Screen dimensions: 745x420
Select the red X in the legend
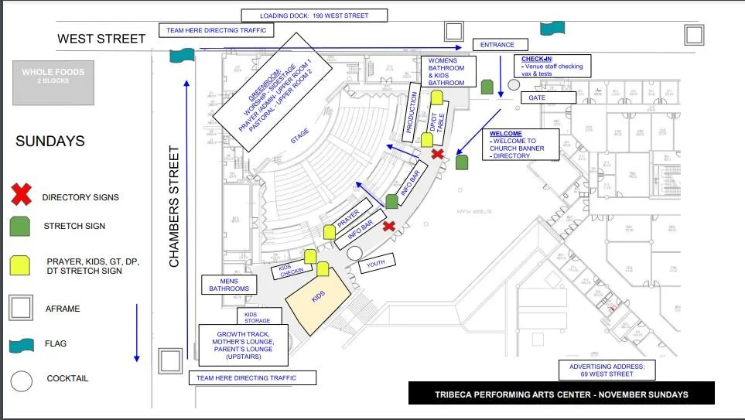pos(22,196)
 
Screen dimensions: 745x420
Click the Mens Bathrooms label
pos(229,285)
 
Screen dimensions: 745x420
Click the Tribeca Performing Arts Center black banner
pos(561,394)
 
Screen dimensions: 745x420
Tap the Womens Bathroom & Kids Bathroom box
pos(447,71)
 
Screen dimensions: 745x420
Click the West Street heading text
pos(101,39)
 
